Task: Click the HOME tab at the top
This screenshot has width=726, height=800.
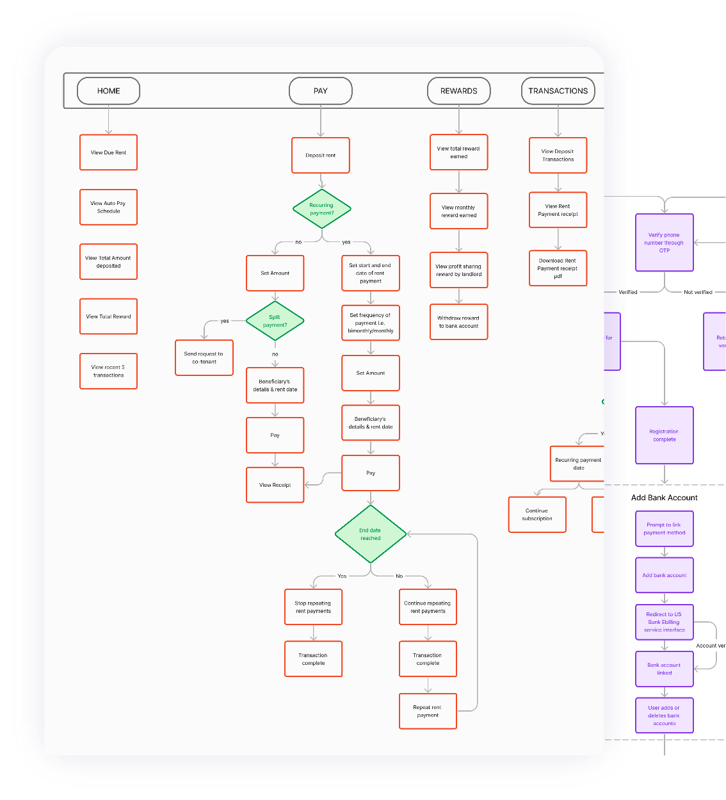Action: tap(108, 91)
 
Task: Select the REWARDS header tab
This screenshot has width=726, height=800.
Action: tap(458, 91)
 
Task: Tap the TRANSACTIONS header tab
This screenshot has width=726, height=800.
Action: tap(558, 91)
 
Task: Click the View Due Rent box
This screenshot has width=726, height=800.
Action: tap(108, 152)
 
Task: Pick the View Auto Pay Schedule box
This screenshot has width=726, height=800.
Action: tap(108, 207)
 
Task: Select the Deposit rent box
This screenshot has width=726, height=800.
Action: tap(320, 156)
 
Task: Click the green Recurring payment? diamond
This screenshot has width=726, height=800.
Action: tap(321, 209)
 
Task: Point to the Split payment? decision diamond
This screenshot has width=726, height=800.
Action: tap(275, 321)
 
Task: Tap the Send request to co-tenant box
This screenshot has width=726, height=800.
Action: tap(204, 357)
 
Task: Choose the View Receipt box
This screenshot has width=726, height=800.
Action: tap(275, 485)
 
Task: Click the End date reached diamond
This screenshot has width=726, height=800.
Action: tap(370, 534)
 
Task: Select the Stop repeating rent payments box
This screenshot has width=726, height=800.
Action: tap(313, 607)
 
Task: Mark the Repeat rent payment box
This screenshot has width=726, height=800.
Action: tap(428, 711)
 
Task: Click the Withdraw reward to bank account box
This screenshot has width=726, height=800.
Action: tap(458, 322)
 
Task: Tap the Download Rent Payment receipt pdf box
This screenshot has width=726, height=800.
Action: tap(558, 268)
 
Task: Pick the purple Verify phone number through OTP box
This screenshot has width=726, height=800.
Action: tap(664, 243)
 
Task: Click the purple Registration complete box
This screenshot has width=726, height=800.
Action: tap(664, 436)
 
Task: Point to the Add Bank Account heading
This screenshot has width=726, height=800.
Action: tap(664, 498)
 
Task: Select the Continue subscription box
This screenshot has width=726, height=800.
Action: tap(536, 514)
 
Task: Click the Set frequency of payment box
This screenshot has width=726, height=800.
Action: tap(370, 323)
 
